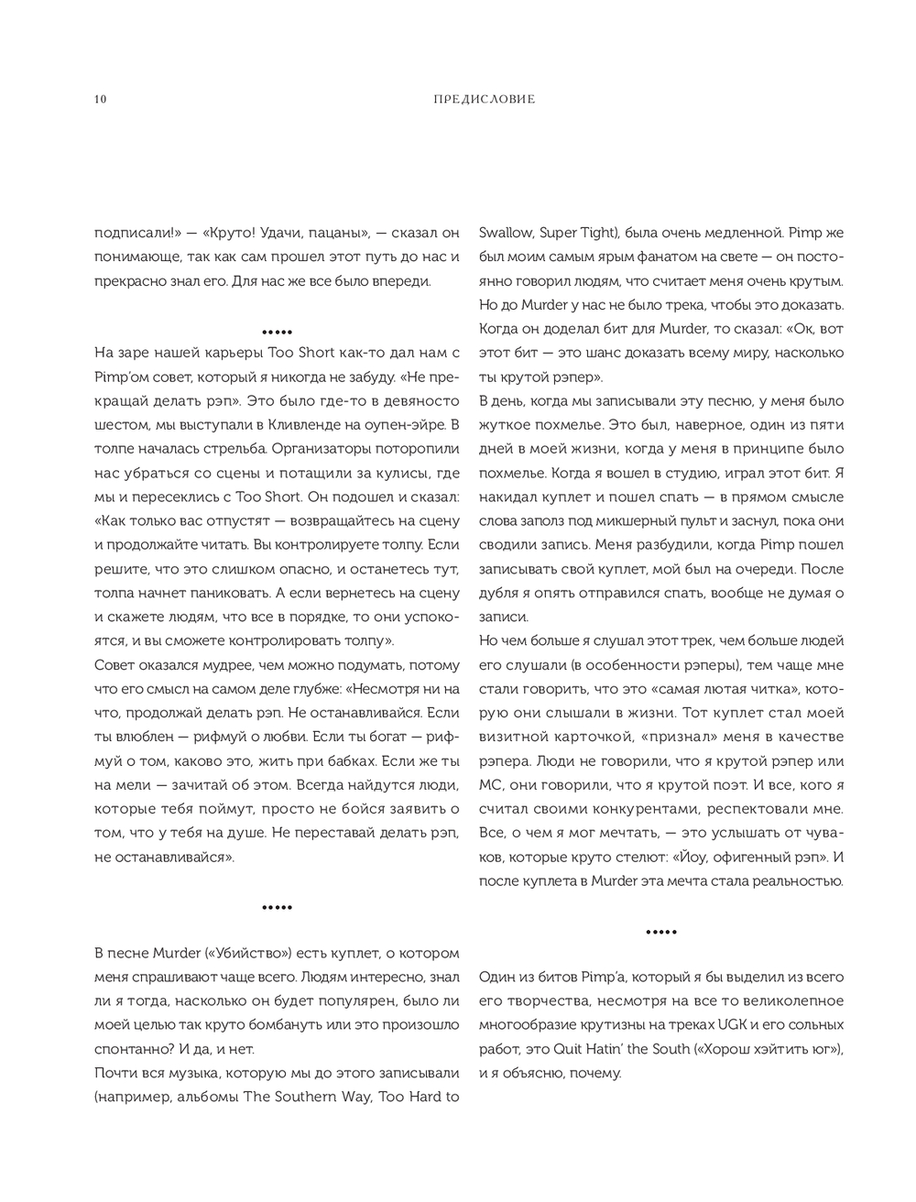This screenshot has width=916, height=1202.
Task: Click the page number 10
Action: click(100, 99)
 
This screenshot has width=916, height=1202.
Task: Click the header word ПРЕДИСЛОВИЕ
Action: click(484, 99)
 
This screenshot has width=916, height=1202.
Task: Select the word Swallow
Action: click(506, 233)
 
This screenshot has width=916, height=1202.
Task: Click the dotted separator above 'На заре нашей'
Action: click(277, 331)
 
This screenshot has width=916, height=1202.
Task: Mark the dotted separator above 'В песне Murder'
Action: click(277, 908)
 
